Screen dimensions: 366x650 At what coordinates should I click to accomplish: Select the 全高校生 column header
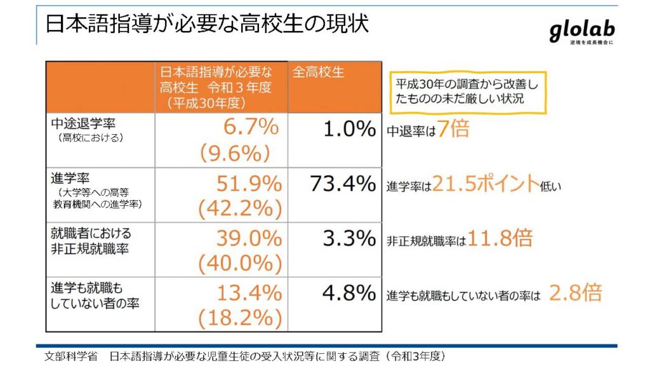(x=319, y=72)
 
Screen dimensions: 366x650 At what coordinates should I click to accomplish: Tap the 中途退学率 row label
(x=79, y=123)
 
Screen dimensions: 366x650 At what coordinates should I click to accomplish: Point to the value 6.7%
(x=251, y=127)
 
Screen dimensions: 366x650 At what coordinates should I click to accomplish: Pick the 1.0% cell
(x=349, y=130)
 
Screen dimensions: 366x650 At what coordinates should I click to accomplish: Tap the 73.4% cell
(x=343, y=184)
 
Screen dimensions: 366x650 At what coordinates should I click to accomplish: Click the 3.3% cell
(x=349, y=239)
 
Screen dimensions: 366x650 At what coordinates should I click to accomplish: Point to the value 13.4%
(x=248, y=293)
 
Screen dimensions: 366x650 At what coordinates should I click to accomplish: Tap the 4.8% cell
(x=349, y=294)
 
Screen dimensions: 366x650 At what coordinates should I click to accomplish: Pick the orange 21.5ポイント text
(x=485, y=184)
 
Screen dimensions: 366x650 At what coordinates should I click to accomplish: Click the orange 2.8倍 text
(x=575, y=293)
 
